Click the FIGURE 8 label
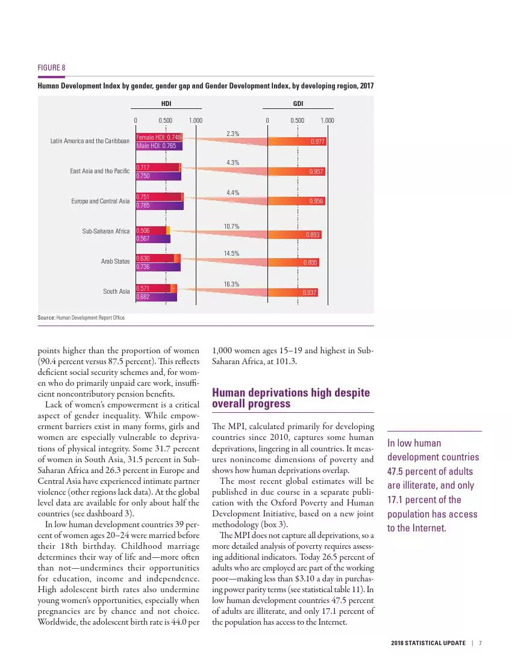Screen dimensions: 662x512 pos(51,67)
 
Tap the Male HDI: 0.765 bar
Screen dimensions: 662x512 pos(158,146)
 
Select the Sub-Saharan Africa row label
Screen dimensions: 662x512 pos(106,231)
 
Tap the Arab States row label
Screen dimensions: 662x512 pos(115,261)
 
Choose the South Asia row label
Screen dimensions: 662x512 pos(116,291)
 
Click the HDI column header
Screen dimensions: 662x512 pos(166,104)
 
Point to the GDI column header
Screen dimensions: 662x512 pos(298,104)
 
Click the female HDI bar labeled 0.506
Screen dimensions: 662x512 pos(151,230)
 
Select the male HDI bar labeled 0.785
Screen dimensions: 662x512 pos(159,205)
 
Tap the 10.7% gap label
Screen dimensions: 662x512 pos(232,226)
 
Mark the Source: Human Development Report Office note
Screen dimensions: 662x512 pos(81,317)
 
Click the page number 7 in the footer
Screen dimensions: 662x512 pos(481,643)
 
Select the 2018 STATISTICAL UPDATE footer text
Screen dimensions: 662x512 pos(428,643)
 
